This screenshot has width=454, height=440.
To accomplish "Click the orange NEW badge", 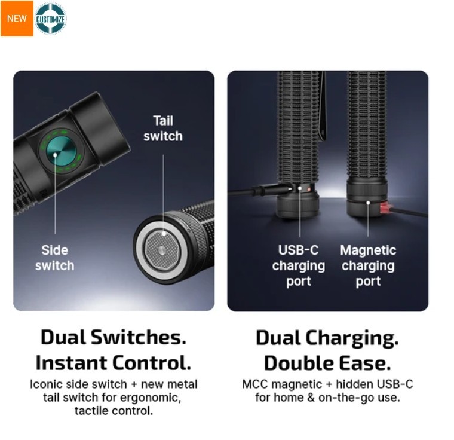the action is pos(17,19).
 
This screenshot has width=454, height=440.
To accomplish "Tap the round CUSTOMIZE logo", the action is pos(50,19).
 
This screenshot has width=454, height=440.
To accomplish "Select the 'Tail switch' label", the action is pos(163,129).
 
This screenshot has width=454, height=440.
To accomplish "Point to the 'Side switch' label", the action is pos(55,258).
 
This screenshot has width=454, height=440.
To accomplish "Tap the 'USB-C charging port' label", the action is pos(299,266).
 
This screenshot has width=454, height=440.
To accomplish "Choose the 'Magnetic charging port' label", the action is pos(368,266).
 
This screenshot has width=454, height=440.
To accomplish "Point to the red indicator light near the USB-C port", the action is pos(309,190).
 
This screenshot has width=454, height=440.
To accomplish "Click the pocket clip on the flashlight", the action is pos(322,107).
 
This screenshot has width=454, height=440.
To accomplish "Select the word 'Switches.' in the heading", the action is pos(139,338).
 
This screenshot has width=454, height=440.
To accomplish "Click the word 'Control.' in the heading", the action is pos(151,363).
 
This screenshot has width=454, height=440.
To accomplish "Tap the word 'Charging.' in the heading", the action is pos(352,339).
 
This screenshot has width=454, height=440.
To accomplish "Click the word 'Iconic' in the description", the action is pos(47,384).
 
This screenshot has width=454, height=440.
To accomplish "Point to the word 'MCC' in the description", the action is pos(255,384).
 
